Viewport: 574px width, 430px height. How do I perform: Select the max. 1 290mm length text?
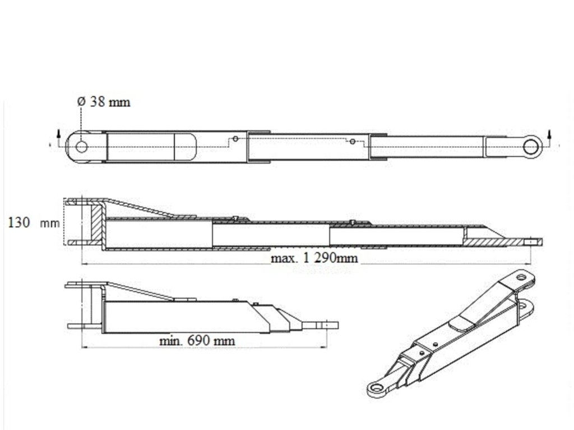(314, 258)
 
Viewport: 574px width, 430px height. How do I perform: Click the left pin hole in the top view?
(81, 147)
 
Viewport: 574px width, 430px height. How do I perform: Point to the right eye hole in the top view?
(530, 147)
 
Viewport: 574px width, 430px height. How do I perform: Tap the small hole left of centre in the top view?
(236, 138)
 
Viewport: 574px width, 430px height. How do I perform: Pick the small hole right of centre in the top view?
(352, 141)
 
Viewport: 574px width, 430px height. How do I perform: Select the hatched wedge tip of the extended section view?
(493, 239)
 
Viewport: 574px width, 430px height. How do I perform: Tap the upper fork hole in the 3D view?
(521, 277)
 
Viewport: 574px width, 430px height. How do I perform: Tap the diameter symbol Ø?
(81, 102)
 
